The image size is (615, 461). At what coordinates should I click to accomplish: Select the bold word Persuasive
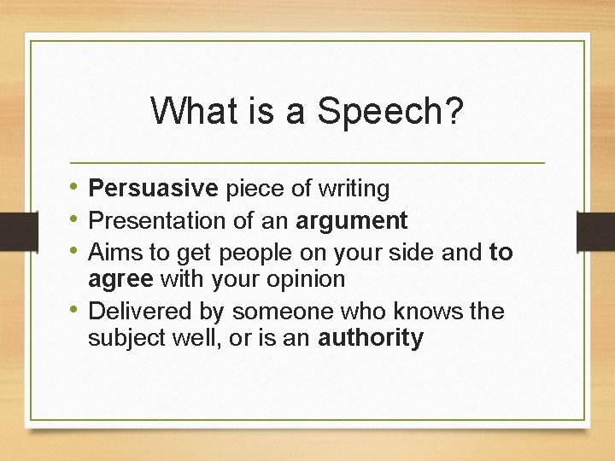[x=154, y=188]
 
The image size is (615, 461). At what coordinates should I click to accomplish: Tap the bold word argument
[x=352, y=221]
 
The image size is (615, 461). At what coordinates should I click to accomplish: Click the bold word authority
[x=371, y=338]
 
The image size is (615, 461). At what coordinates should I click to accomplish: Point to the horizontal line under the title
[x=307, y=162]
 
